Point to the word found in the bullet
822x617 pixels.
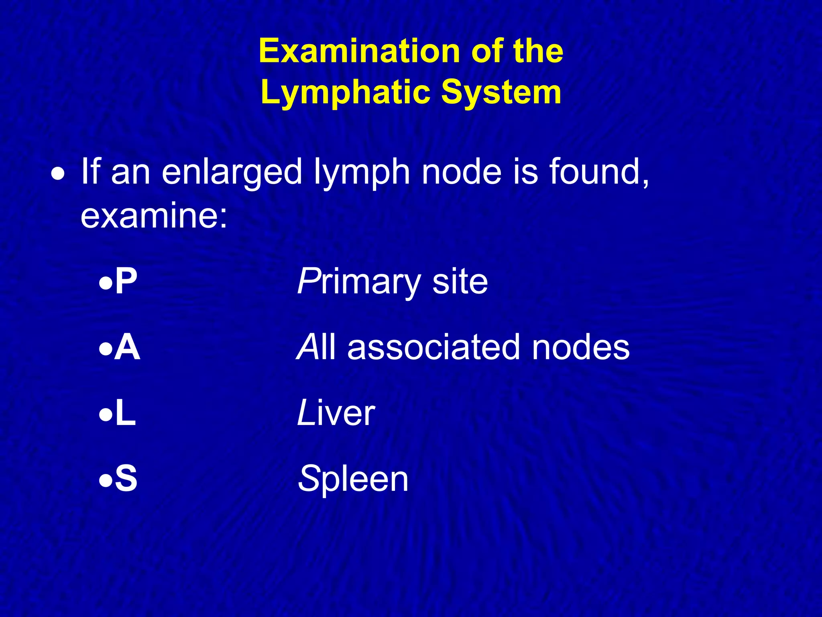tap(598, 172)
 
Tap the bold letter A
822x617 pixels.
tap(127, 347)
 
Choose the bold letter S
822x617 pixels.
tap(126, 478)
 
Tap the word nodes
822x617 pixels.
tap(581, 347)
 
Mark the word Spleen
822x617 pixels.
tap(353, 479)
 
